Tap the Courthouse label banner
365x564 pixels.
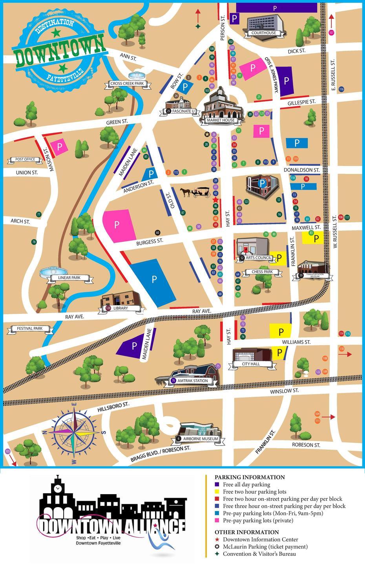pos(263,33)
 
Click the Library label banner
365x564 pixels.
pos(120,308)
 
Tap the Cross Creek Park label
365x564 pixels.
pos(127,84)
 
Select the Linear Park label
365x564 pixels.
pos(69,278)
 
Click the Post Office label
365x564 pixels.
pos(25,159)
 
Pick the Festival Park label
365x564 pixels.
pos(30,329)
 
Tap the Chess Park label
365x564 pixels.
pos(262,272)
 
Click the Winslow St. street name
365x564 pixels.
pos(284,391)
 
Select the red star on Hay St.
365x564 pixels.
pos(215,199)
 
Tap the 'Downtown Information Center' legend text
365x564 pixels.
pos(260,540)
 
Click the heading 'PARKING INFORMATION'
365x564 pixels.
pos(250,477)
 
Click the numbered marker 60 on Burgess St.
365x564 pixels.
pos(158,233)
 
